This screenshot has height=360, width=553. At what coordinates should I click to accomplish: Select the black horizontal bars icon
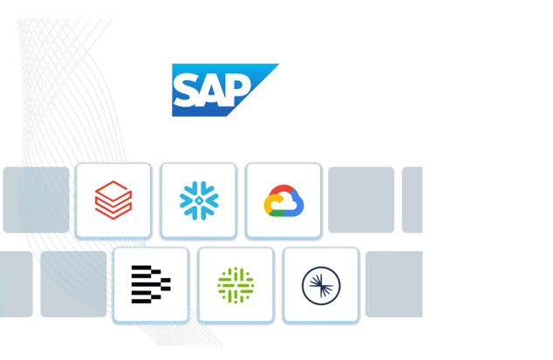coord(151,285)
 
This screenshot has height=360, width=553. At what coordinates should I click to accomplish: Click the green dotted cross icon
coord(236,285)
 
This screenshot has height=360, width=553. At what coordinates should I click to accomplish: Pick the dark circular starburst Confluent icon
coord(319,285)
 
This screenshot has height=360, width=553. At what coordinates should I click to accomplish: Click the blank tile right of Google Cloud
coord(361,200)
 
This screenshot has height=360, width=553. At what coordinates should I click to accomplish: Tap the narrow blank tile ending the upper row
coord(412,200)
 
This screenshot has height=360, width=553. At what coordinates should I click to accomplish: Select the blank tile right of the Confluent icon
coord(393,284)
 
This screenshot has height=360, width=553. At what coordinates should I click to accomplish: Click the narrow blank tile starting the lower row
coord(16,284)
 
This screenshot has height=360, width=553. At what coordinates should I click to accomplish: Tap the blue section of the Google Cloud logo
coord(296,206)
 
